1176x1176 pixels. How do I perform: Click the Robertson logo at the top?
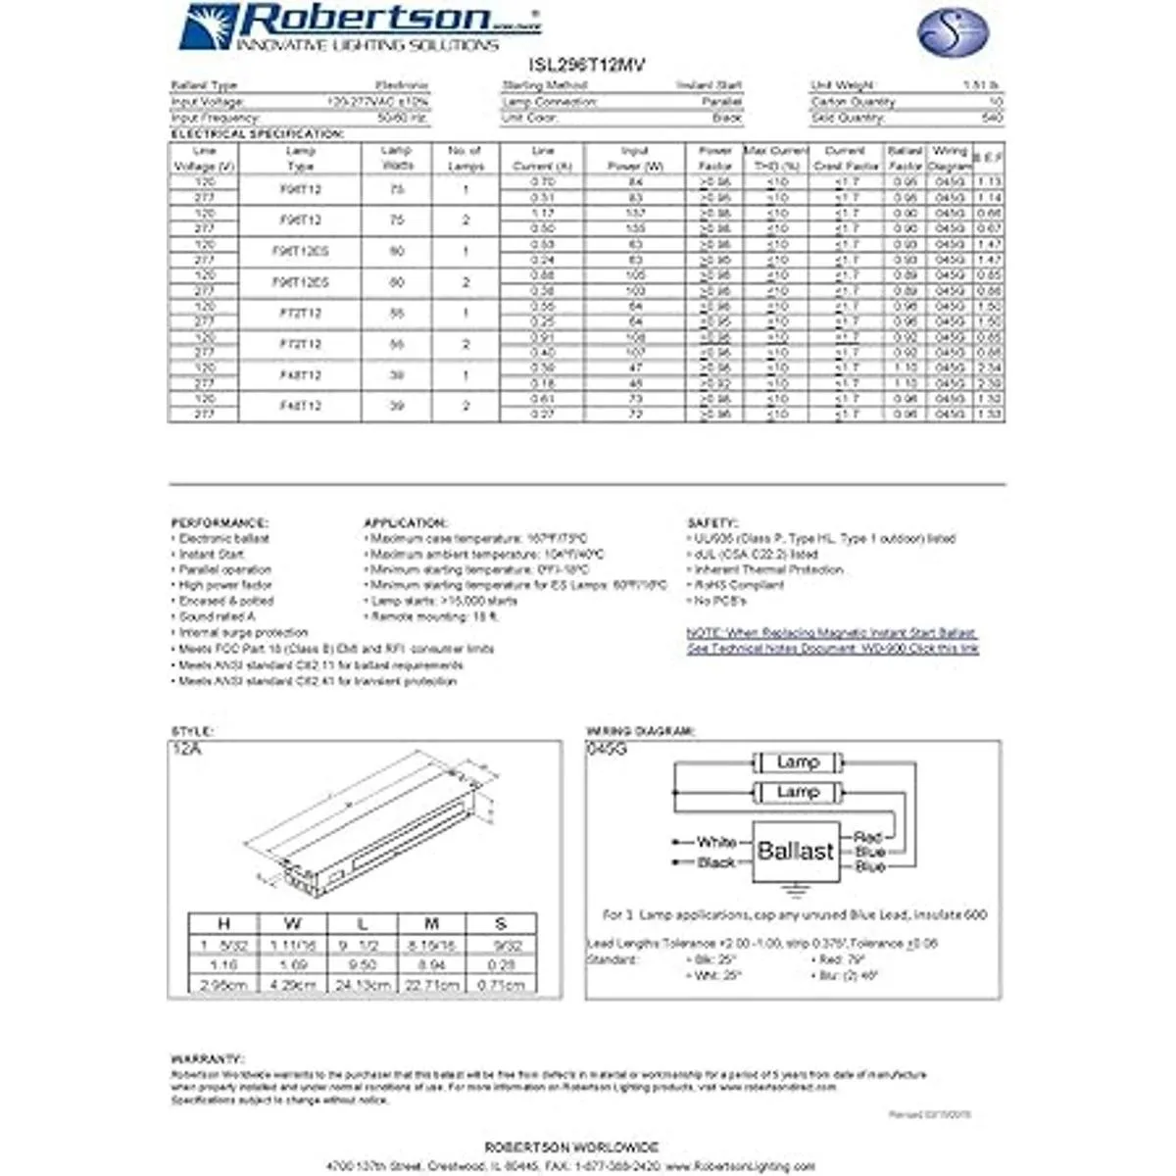(358, 26)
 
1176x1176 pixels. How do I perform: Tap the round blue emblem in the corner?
(952, 32)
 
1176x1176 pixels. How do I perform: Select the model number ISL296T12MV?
(587, 66)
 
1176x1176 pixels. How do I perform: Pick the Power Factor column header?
(715, 159)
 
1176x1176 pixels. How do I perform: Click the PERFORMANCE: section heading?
(220, 523)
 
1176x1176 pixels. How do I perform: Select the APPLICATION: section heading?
(405, 523)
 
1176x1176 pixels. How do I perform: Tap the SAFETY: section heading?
(712, 523)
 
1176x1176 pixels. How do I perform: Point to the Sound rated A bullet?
(217, 616)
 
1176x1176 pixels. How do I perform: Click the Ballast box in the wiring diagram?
(795, 851)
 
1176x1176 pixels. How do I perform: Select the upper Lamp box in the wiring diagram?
(797, 762)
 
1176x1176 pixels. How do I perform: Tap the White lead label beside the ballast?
(716, 842)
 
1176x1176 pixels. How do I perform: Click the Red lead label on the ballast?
(867, 837)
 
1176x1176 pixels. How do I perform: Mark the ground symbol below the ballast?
(796, 891)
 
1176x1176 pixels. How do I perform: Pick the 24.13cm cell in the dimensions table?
(363, 984)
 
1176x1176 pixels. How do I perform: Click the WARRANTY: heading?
(207, 1059)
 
